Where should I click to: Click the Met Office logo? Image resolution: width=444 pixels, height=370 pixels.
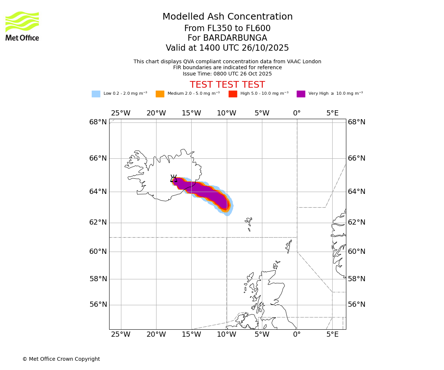(22, 26)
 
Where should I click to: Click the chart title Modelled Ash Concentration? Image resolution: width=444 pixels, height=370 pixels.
(227, 17)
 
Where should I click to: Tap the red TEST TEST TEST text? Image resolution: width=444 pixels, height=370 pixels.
(227, 85)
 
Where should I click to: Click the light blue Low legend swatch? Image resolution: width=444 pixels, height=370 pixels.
(96, 94)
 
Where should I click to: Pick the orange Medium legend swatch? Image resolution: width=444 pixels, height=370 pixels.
(160, 94)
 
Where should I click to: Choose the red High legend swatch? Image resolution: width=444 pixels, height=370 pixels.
(233, 94)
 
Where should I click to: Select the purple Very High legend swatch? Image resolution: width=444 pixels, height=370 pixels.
(301, 94)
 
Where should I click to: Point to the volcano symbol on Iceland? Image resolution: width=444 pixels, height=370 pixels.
(174, 178)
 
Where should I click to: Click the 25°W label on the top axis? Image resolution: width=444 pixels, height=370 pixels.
(121, 113)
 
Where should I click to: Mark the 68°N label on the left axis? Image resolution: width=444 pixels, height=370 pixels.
(98, 122)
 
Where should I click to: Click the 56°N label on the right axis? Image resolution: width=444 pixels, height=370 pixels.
(357, 305)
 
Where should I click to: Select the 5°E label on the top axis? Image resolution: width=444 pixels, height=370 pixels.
(332, 113)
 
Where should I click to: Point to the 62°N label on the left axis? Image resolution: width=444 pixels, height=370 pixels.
(98, 222)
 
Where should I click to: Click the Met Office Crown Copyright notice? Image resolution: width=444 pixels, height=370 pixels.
(61, 359)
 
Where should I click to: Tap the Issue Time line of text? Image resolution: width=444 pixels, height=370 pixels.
(227, 74)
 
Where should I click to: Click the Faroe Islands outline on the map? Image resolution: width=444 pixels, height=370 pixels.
(249, 223)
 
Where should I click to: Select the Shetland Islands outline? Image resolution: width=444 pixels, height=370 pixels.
(289, 246)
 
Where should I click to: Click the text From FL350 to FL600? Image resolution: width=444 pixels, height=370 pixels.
(227, 28)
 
